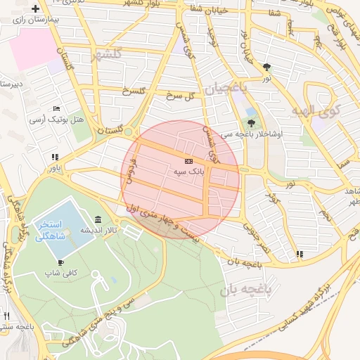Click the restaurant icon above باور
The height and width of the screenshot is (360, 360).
54,157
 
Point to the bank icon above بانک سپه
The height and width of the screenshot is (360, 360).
188,161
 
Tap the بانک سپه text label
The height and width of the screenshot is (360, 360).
188,171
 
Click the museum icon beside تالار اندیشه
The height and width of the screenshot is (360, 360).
96,219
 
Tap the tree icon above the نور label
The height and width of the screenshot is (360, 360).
266,67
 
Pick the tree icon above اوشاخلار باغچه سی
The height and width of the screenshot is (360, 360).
251,124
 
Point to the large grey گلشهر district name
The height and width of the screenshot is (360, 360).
106,54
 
